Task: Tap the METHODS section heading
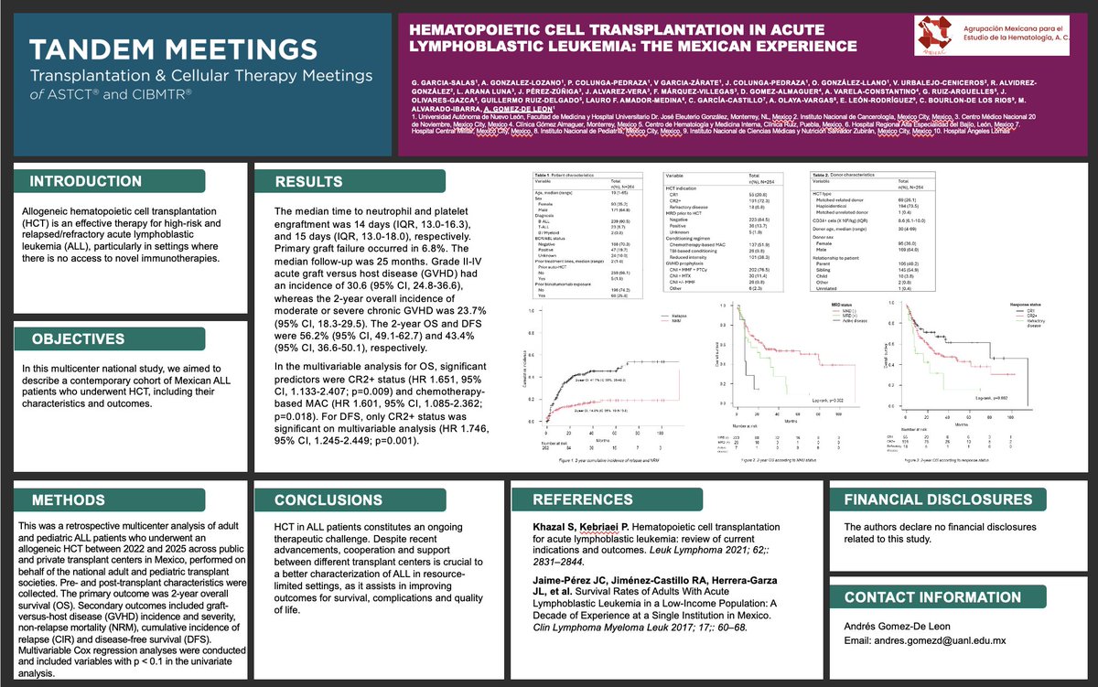click(68, 500)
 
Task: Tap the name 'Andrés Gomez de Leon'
click(885, 626)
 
